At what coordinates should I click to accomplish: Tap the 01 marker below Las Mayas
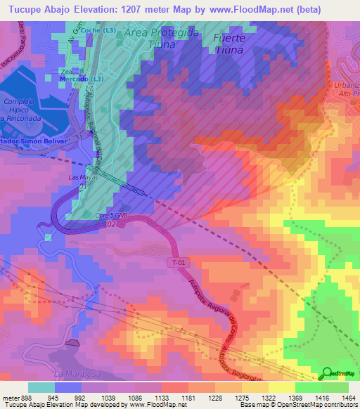click(83, 187)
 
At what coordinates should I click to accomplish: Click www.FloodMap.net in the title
click(250, 10)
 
